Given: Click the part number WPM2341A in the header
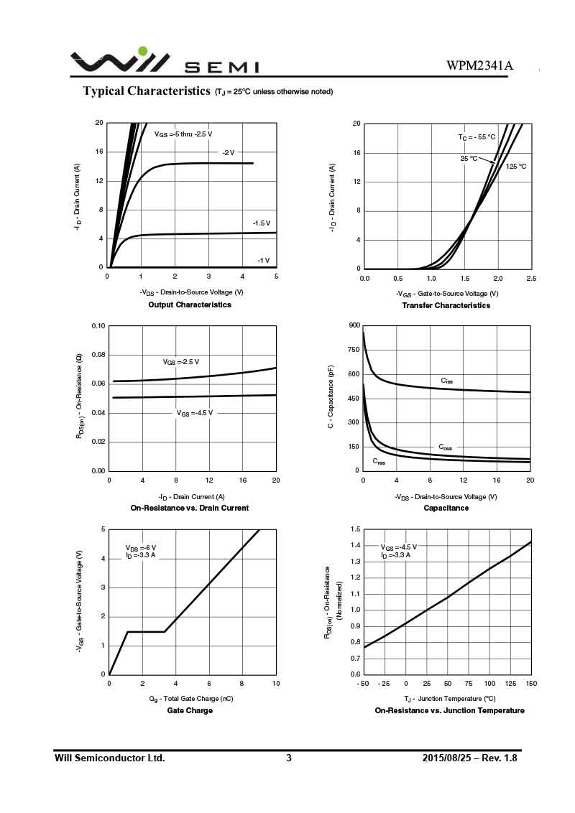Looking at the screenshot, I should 479,66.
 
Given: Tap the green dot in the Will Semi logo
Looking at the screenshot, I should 142,51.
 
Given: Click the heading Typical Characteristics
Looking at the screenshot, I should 147,90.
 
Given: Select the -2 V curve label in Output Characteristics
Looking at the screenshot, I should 228,152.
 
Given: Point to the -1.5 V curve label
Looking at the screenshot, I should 261,223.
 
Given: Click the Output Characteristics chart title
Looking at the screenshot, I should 190,305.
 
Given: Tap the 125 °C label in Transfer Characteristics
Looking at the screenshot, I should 516,167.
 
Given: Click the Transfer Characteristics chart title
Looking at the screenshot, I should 446,305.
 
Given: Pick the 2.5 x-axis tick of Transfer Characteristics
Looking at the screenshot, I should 530,278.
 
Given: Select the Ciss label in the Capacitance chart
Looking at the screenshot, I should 446,380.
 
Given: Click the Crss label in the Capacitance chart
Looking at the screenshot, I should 379,461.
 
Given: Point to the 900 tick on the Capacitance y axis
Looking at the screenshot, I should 354,325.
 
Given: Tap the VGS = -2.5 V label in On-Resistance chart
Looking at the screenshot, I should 180,361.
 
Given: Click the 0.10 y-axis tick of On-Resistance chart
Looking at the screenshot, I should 98,326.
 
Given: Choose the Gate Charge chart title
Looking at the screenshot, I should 190,710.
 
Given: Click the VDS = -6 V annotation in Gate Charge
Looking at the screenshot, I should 141,547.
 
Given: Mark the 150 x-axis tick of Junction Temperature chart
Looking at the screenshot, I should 530,683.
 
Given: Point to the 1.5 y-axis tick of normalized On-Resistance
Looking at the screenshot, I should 355,529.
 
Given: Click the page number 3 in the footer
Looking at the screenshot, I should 289,758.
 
